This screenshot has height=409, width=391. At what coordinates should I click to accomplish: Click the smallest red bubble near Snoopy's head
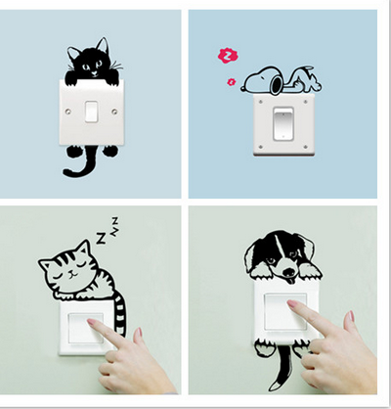point(231,83)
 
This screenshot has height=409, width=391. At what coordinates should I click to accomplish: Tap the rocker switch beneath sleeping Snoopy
point(282,125)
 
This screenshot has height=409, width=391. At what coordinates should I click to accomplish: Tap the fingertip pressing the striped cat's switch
point(93,324)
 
